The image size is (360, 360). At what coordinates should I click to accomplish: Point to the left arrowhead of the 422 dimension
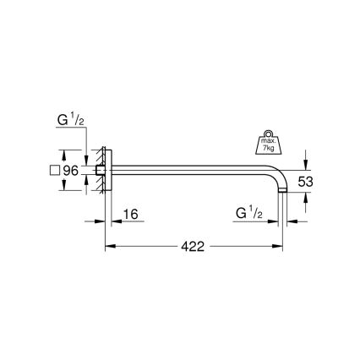pos(109,248)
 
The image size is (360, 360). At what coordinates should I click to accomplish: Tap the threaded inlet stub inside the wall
pos(98,171)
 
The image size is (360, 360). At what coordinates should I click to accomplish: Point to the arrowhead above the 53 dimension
pos(306,161)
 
